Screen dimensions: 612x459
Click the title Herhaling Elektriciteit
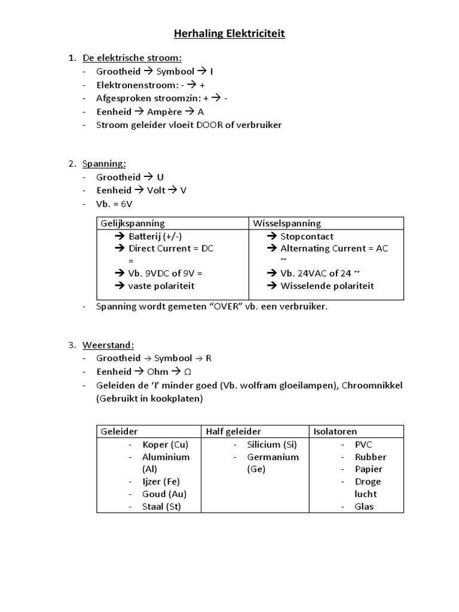click(229, 34)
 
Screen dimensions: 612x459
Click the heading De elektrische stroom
click(131, 58)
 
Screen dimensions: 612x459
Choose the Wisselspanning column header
click(287, 224)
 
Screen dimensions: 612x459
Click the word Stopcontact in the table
click(307, 236)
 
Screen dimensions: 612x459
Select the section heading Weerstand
click(108, 345)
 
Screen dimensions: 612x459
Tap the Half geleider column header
click(234, 432)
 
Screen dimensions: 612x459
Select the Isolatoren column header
click(335, 432)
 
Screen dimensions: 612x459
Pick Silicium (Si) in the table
click(272, 445)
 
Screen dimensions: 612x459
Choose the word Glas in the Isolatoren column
click(364, 507)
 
